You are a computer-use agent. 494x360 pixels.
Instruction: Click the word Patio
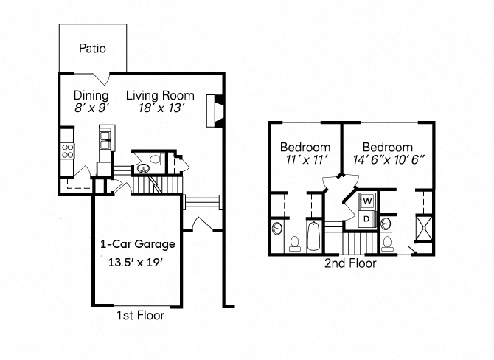92,49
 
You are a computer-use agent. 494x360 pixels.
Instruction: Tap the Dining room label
91,96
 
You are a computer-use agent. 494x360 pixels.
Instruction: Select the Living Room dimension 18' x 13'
159,108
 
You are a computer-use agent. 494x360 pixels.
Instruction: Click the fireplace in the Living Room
215,110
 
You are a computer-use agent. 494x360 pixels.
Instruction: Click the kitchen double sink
105,136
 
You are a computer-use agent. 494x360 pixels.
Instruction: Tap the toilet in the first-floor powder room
157,160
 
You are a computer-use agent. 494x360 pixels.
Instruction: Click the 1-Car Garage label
138,244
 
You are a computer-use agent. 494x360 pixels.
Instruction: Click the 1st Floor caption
140,316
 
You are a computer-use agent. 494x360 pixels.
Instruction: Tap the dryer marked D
366,218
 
